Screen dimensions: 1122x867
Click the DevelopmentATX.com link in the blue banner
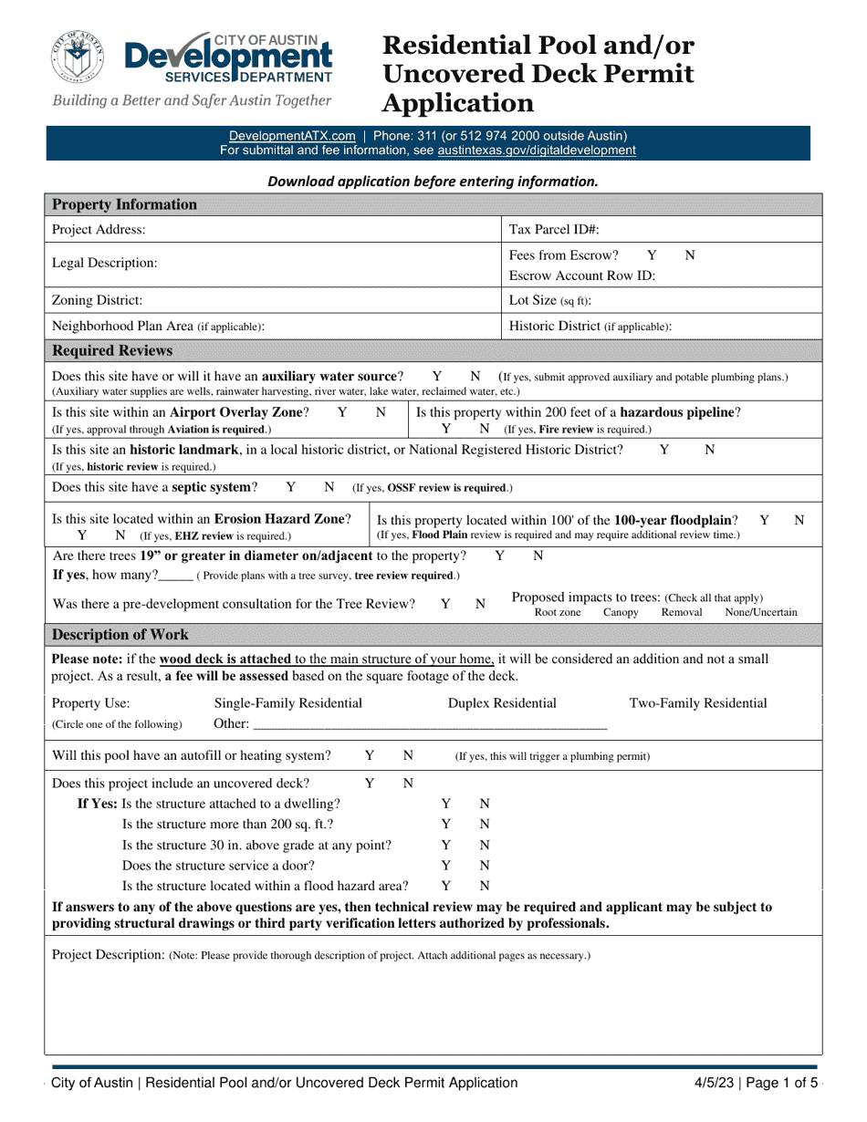click(292, 134)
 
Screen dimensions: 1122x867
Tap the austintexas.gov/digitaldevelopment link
click(537, 150)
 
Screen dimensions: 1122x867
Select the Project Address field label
click(99, 230)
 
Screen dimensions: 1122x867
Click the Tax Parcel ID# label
click(554, 230)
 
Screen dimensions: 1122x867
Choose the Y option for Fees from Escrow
click(652, 255)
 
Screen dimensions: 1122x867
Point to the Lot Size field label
click(549, 299)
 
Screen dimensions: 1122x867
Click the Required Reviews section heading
click(112, 350)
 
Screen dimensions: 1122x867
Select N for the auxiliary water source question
click(475, 376)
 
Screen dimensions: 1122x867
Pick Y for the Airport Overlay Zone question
click(342, 412)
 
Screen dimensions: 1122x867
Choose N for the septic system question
click(329, 487)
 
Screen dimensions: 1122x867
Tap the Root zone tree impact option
click(558, 613)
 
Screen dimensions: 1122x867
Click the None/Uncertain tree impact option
click(760, 613)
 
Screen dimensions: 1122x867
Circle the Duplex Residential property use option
click(502, 703)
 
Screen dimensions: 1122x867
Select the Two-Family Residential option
click(698, 703)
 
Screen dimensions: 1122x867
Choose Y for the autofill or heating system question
click(370, 755)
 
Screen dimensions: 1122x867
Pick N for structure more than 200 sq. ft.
click(485, 825)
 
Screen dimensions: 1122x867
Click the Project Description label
click(108, 955)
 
